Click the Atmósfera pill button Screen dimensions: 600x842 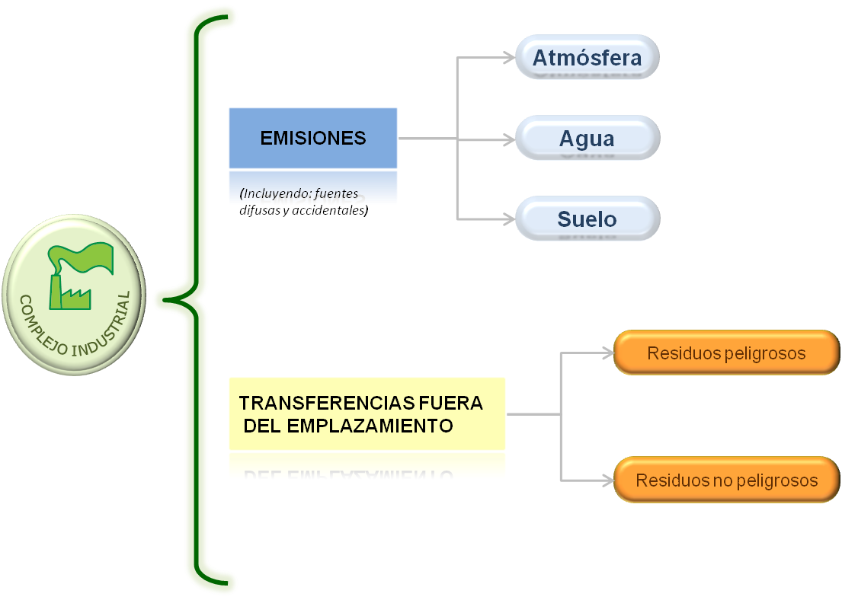[587, 57]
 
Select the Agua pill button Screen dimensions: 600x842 [587, 139]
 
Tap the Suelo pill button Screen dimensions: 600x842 [587, 219]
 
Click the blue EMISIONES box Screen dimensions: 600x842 [313, 138]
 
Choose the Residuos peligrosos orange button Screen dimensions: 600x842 [726, 353]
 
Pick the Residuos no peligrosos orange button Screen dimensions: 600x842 [726, 480]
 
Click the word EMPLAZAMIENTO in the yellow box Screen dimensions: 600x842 [370, 426]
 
